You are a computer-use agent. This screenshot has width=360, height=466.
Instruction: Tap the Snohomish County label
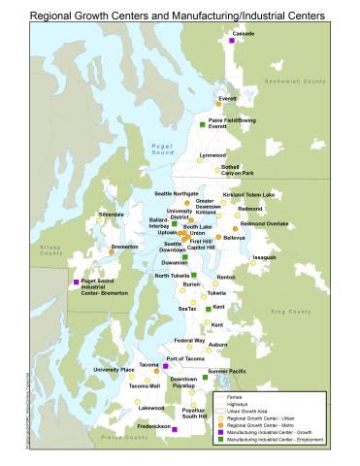click(303, 82)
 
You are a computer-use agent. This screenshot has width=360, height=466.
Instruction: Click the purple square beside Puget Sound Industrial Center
click(77, 282)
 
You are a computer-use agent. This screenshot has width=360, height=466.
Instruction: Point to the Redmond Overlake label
click(265, 223)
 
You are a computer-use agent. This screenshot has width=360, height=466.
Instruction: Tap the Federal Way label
click(189, 341)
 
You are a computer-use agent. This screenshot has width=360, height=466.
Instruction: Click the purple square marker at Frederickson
click(175, 428)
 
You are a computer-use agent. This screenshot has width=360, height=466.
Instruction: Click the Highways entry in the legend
click(238, 405)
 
